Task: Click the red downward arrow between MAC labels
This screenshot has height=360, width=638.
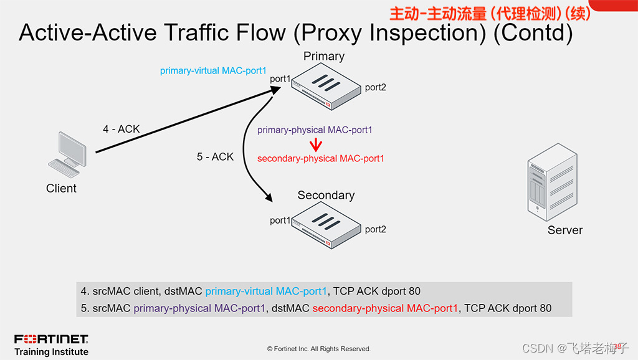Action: click(316, 145)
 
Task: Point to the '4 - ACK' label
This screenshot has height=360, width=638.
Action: click(121, 129)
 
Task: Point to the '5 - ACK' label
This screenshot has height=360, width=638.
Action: click(215, 157)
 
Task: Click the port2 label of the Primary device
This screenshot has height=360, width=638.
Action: click(375, 87)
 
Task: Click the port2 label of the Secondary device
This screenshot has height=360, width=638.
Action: click(375, 229)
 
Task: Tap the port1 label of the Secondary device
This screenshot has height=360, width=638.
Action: click(280, 220)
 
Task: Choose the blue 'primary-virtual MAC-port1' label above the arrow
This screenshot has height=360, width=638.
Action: click(213, 71)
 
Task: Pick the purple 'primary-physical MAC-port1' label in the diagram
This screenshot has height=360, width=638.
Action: click(315, 130)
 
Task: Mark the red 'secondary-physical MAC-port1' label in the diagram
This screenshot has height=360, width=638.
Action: click(321, 159)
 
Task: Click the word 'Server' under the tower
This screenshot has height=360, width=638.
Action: click(565, 230)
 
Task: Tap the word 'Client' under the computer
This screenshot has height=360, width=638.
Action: click(61, 188)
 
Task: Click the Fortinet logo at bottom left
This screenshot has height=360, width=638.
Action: click(51, 339)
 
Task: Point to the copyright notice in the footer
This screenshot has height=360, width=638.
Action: click(318, 349)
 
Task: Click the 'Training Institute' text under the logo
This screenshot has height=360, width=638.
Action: click(51, 352)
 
